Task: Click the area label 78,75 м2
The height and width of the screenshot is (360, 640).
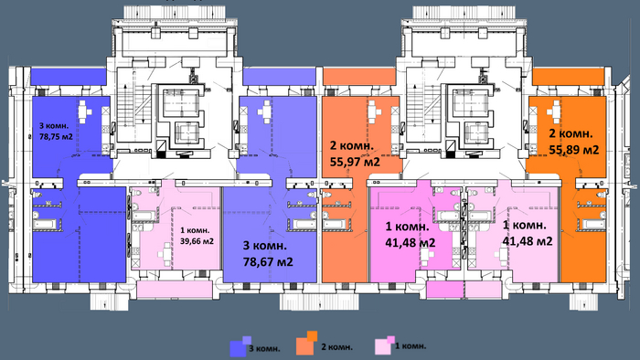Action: coord(56,136)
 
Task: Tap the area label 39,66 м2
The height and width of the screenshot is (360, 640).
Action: coord(197,241)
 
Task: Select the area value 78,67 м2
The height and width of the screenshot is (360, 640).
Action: coord(268,261)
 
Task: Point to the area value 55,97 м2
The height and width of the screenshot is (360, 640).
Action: coord(355,162)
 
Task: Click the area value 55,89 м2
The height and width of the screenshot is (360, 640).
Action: coord(574,150)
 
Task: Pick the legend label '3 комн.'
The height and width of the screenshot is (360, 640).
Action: coord(264,349)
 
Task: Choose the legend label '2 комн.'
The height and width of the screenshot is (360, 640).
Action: coord(336,347)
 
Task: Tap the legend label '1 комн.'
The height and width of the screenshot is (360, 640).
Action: coord(411,346)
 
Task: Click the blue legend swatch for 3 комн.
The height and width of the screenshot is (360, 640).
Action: coord(240,346)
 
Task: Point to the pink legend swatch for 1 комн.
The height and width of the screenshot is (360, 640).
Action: coord(385,345)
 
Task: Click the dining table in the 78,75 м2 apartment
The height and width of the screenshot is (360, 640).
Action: coord(85,111)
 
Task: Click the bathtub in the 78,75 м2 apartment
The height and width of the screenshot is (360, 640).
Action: coord(45,225)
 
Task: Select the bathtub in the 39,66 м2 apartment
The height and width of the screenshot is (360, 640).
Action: coord(143,216)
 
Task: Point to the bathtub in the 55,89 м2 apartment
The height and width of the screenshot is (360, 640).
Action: coord(593,225)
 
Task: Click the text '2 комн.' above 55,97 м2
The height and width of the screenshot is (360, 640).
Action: coord(351,145)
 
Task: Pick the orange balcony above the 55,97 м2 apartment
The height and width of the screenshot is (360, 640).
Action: coord(359,76)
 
